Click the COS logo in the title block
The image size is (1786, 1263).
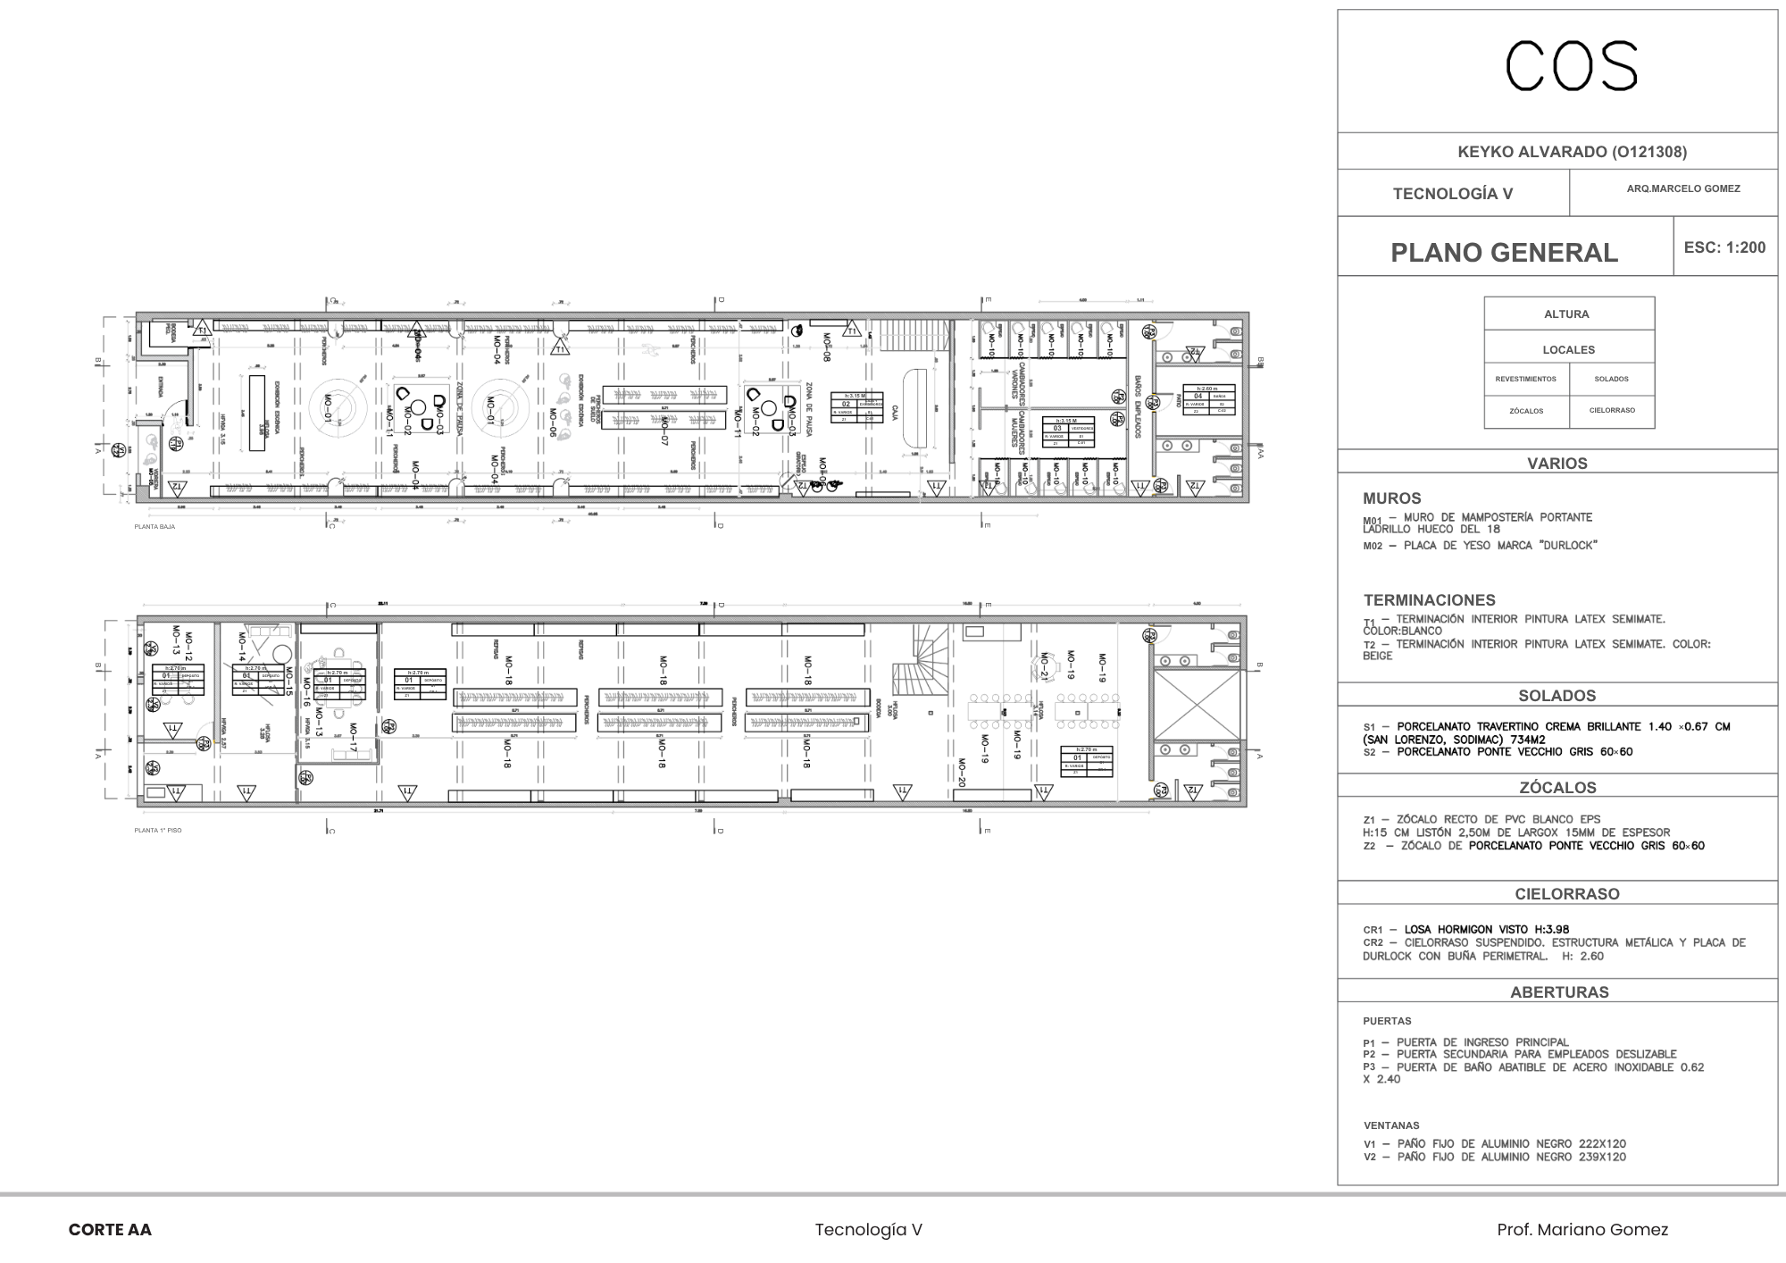(1572, 66)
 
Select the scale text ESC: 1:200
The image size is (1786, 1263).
(1724, 247)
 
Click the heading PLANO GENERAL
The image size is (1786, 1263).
(1504, 253)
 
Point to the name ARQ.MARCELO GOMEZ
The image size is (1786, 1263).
(1682, 188)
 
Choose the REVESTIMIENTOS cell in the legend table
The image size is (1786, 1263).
(1525, 379)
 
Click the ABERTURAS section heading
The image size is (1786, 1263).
(1559, 992)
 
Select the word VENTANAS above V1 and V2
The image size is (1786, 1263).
(1390, 1125)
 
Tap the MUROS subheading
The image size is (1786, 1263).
(1391, 498)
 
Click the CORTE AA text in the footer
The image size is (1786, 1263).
(110, 1230)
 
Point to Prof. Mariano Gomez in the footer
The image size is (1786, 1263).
(1582, 1230)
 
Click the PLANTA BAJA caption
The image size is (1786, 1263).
(154, 527)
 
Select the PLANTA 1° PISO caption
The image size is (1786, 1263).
(158, 831)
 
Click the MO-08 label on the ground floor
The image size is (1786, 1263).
(827, 347)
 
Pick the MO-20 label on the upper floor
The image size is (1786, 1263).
(962, 772)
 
